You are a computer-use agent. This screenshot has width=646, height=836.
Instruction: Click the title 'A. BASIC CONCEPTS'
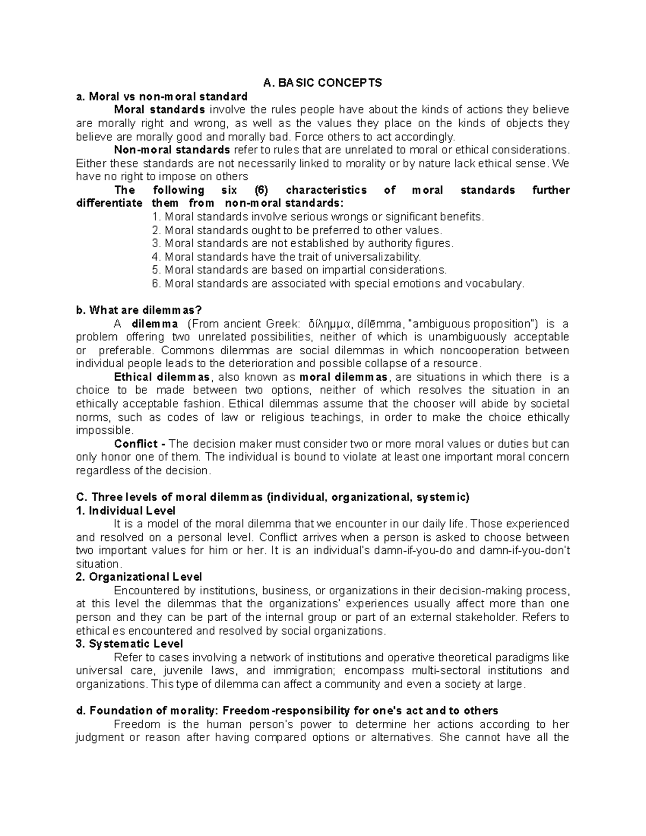tap(322, 83)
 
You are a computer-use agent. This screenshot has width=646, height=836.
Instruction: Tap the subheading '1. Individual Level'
tap(126, 510)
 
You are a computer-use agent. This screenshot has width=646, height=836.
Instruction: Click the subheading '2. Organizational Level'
tap(139, 577)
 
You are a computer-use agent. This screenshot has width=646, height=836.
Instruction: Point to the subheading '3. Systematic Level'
tap(129, 644)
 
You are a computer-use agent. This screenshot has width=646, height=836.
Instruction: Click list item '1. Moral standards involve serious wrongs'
tap(318, 217)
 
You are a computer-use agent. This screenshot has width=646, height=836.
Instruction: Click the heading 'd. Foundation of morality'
tap(287, 711)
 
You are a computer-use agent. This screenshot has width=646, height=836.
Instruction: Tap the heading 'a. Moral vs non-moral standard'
tap(161, 97)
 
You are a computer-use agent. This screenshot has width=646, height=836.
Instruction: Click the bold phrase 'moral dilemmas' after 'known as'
tap(345, 377)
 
